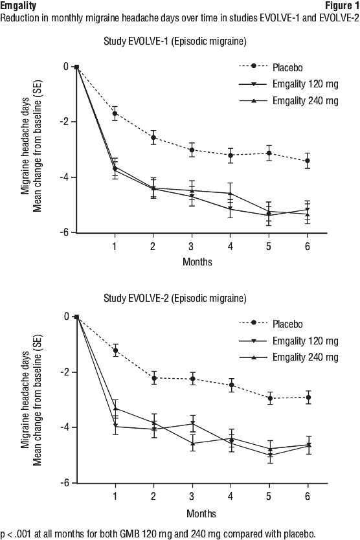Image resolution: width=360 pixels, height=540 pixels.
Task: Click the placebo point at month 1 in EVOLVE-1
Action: [115, 113]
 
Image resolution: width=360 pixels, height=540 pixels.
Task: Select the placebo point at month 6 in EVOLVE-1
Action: [308, 161]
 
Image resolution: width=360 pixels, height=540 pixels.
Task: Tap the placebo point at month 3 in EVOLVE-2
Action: [192, 379]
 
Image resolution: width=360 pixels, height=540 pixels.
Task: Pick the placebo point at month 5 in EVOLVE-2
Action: [270, 398]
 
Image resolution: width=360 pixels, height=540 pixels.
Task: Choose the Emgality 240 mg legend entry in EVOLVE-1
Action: [289, 101]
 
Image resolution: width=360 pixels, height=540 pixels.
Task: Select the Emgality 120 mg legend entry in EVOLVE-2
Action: [289, 341]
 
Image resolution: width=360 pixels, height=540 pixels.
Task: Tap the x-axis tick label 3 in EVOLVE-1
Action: [191, 246]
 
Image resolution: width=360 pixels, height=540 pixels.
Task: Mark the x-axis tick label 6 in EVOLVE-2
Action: [308, 496]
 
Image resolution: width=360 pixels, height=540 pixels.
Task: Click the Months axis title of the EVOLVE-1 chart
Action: [197, 262]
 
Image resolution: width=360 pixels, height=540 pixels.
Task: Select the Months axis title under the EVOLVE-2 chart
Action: [201, 514]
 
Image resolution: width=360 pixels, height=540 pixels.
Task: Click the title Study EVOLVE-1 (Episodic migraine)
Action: [175, 41]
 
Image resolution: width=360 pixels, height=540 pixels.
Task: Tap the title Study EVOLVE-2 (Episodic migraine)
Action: [175, 298]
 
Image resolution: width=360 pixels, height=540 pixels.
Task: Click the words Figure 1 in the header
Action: [342, 6]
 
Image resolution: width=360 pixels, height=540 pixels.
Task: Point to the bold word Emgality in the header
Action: [18, 6]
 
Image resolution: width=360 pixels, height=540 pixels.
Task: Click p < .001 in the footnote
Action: [16, 534]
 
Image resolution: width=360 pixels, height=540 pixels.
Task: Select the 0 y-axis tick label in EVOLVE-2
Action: [67, 317]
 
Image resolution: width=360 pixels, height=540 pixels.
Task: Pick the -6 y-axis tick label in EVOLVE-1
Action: [64, 233]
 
